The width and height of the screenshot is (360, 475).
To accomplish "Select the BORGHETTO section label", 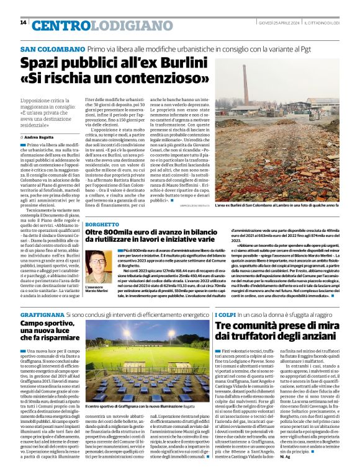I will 103,224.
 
